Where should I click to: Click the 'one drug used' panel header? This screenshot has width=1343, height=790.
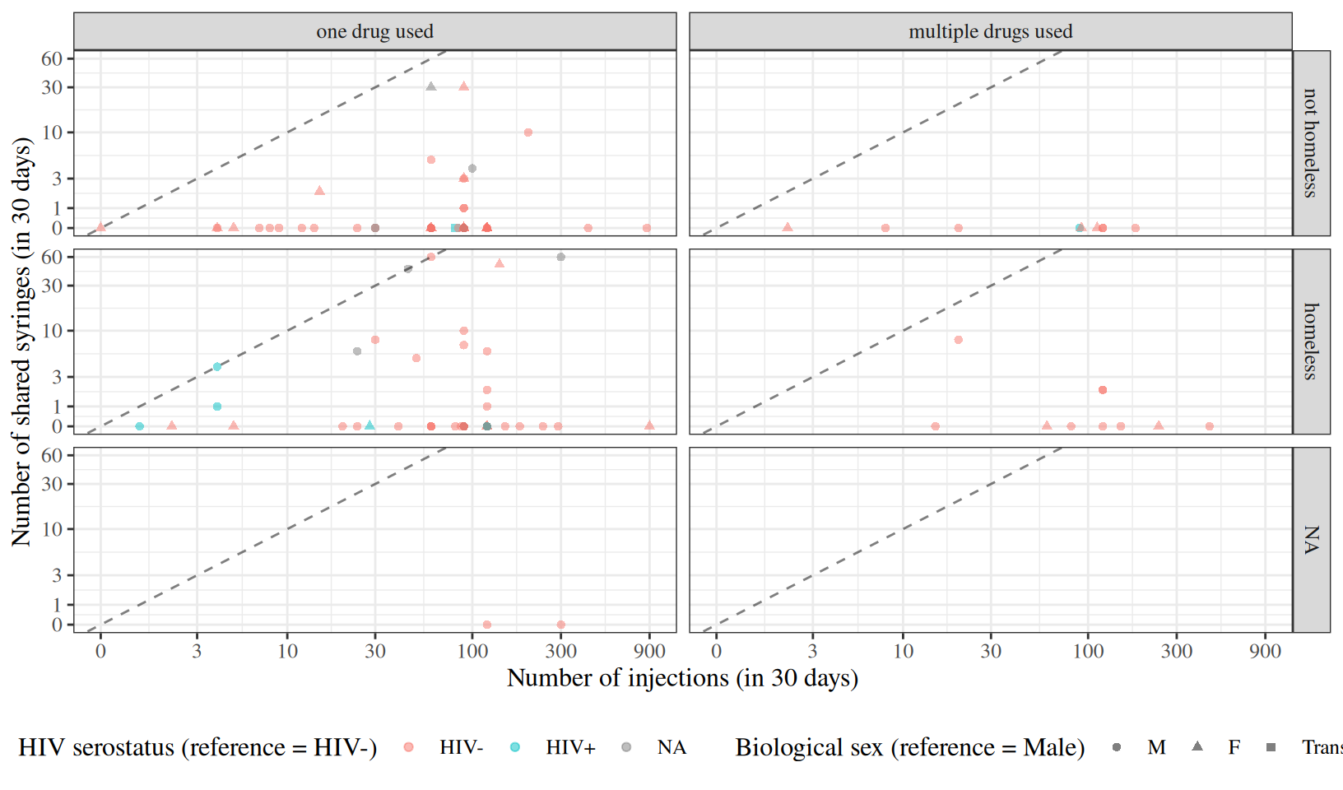click(x=374, y=31)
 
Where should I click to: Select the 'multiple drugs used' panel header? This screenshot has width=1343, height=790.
click(x=991, y=31)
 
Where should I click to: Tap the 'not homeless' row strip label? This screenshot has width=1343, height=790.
click(x=1311, y=142)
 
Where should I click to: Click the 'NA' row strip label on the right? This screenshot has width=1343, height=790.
click(x=1311, y=540)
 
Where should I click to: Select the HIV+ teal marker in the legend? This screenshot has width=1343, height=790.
click(x=514, y=747)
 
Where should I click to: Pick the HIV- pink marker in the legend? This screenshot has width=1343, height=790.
click(x=408, y=747)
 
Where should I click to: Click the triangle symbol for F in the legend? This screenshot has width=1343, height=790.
click(x=1197, y=746)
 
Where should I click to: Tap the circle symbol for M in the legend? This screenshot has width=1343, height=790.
click(x=1117, y=747)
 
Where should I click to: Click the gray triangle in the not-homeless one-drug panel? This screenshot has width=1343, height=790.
click(x=431, y=86)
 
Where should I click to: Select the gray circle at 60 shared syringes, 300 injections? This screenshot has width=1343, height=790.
click(x=560, y=257)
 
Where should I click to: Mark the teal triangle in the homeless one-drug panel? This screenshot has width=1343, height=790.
click(x=370, y=425)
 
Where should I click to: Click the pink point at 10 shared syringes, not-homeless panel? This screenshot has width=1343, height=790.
click(x=528, y=132)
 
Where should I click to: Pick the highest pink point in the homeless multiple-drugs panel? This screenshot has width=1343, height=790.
click(x=958, y=340)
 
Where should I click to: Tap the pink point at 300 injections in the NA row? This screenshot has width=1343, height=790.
click(x=560, y=625)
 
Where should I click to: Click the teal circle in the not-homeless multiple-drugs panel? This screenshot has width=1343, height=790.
click(x=1079, y=228)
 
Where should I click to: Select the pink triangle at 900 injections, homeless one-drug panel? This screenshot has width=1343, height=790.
click(x=649, y=425)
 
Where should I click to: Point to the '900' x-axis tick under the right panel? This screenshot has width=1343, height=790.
click(x=1265, y=652)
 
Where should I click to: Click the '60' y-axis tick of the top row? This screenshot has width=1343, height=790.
click(x=52, y=58)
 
